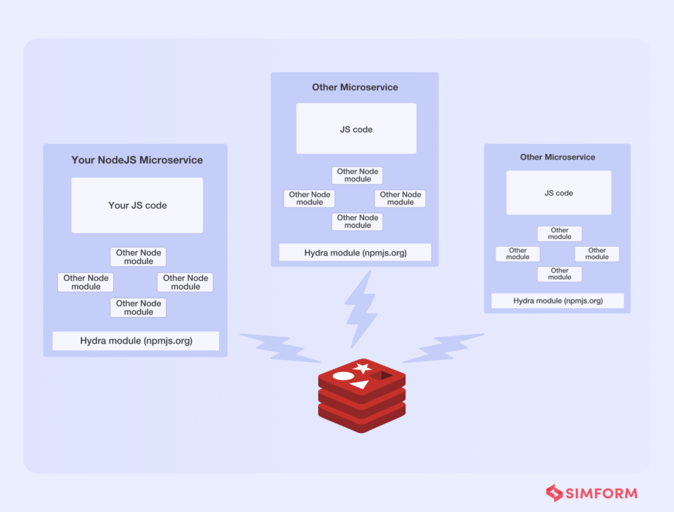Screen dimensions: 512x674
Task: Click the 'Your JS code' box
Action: pyautogui.click(x=137, y=205)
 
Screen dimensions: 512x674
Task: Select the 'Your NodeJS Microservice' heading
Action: pyautogui.click(x=137, y=160)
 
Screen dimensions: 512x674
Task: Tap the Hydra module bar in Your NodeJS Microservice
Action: pyautogui.click(x=136, y=341)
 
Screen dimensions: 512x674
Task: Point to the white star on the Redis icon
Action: pyautogui.click(x=361, y=367)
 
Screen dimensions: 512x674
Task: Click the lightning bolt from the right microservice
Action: pyautogui.click(x=442, y=348)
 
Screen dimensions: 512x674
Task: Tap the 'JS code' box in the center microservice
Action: pyautogui.click(x=356, y=129)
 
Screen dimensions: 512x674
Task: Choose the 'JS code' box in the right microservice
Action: pyautogui.click(x=559, y=193)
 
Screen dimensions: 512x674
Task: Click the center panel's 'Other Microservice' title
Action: pyautogui.click(x=355, y=87)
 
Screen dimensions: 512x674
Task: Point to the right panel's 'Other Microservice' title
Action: pyautogui.click(x=557, y=157)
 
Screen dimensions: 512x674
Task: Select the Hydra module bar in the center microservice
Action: pyautogui.click(x=355, y=253)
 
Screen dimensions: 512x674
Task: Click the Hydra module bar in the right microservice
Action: pyautogui.click(x=557, y=301)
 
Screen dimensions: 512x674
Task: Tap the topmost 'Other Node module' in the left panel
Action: pyautogui.click(x=138, y=257)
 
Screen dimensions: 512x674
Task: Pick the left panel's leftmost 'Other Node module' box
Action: pyautogui.click(x=86, y=282)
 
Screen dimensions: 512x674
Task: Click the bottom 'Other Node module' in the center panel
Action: pyautogui.click(x=357, y=222)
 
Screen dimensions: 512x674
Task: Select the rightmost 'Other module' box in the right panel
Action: pyautogui.click(x=597, y=254)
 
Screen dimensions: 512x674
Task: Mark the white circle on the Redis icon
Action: pyautogui.click(x=343, y=376)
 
